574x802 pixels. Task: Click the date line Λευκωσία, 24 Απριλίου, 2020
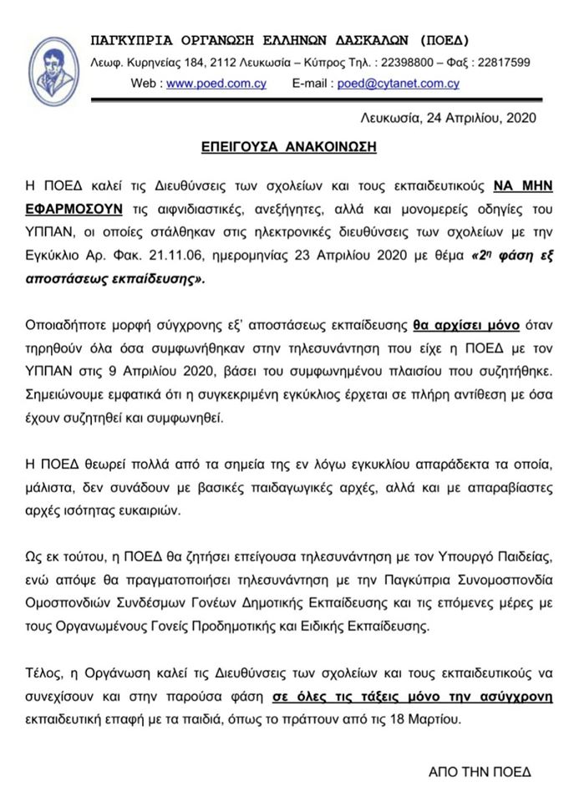click(448, 117)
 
